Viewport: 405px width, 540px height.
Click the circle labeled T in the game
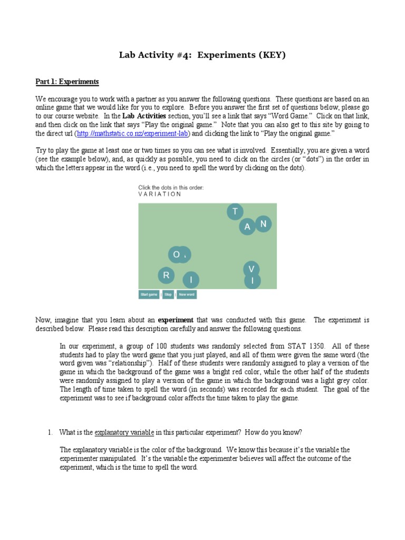point(235,212)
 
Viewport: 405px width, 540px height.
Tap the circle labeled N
point(264,224)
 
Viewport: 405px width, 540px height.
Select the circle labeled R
point(166,275)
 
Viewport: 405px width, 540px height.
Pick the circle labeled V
point(252,269)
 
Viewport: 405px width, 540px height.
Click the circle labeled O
point(176,255)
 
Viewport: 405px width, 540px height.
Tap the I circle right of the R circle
point(191,280)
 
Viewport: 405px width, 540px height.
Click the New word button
point(187,295)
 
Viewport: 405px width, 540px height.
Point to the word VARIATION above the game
point(160,194)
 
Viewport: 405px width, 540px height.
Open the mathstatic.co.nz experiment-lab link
point(132,134)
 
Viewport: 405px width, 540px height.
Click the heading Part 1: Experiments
point(67,82)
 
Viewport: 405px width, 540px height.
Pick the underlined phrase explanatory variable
point(124,432)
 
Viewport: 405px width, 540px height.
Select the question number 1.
point(50,432)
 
